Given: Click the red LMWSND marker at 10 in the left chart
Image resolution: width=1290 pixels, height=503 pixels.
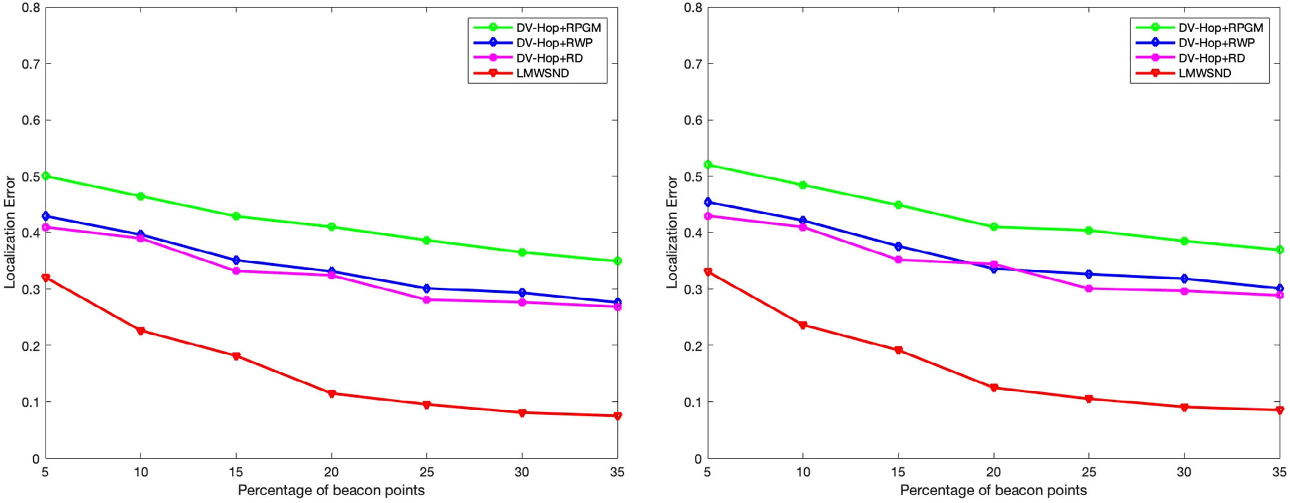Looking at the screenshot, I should click(x=141, y=331).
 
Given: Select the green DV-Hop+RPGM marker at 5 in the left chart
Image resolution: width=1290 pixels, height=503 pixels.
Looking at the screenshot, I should click(x=46, y=176).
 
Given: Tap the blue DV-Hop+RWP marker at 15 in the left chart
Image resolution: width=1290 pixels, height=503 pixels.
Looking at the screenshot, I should click(x=236, y=260).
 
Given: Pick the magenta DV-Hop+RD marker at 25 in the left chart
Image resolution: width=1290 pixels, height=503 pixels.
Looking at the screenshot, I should click(x=427, y=300).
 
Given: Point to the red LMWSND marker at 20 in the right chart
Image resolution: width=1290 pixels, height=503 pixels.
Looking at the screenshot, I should click(x=993, y=388).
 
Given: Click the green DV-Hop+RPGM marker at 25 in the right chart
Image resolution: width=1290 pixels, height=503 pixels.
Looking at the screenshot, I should click(x=1089, y=231).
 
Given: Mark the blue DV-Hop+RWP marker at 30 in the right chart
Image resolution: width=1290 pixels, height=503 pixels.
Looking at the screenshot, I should click(x=1184, y=279).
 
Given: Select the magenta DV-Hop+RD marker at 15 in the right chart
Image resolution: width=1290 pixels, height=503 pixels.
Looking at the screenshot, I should click(x=898, y=260).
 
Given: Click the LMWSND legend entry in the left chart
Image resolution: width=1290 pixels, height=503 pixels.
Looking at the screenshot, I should click(x=542, y=73).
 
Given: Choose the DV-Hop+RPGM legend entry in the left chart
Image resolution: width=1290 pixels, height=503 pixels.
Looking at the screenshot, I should click(x=558, y=28).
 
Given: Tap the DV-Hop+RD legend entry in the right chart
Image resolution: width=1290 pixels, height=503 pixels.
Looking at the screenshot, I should click(x=1211, y=58).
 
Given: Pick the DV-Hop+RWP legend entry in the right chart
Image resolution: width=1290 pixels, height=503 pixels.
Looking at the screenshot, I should click(x=1216, y=43).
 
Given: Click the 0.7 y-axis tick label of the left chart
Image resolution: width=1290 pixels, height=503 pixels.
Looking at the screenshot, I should click(x=31, y=64).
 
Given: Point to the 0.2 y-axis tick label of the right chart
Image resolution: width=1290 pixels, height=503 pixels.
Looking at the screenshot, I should click(x=692, y=346).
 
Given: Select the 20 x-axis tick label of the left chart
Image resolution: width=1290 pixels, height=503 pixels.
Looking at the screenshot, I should click(x=331, y=472).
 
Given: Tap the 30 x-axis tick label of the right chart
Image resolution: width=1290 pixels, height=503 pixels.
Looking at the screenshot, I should click(x=1184, y=472).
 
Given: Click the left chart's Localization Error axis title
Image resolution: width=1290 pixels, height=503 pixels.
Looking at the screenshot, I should click(x=10, y=232).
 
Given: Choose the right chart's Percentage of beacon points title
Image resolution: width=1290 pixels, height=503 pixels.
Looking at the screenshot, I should click(x=993, y=491).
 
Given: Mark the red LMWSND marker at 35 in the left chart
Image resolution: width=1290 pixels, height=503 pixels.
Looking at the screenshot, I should click(x=617, y=416).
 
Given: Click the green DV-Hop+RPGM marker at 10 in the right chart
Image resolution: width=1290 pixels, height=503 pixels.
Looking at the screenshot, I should click(x=803, y=185).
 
